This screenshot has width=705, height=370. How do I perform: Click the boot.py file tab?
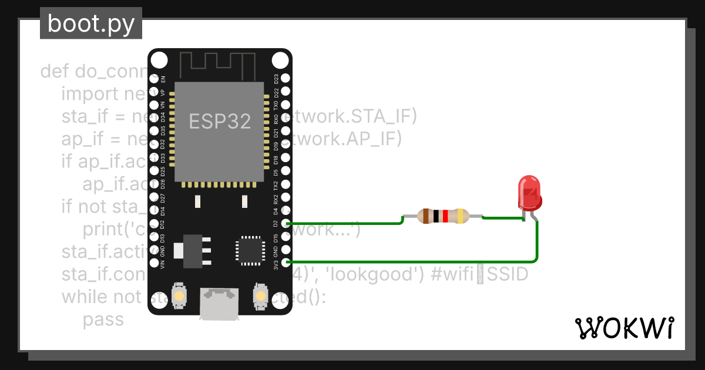click(91, 23)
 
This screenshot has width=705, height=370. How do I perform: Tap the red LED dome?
click(529, 191)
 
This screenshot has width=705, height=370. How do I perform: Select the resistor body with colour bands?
click(444, 216)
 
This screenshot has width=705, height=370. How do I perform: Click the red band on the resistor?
click(445, 216)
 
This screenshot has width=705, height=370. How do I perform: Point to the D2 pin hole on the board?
click(286, 223)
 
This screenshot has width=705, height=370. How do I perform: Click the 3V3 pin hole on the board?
click(286, 263)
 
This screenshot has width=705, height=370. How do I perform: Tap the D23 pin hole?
click(286, 78)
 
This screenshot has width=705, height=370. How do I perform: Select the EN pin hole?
click(154, 78)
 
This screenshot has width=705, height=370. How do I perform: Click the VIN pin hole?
click(154, 263)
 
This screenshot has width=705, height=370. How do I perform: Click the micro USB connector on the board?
click(219, 304)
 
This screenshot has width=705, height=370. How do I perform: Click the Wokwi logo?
click(624, 328)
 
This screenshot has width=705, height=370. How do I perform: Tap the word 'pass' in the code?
click(103, 319)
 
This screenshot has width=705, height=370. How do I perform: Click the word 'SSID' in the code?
click(506, 274)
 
